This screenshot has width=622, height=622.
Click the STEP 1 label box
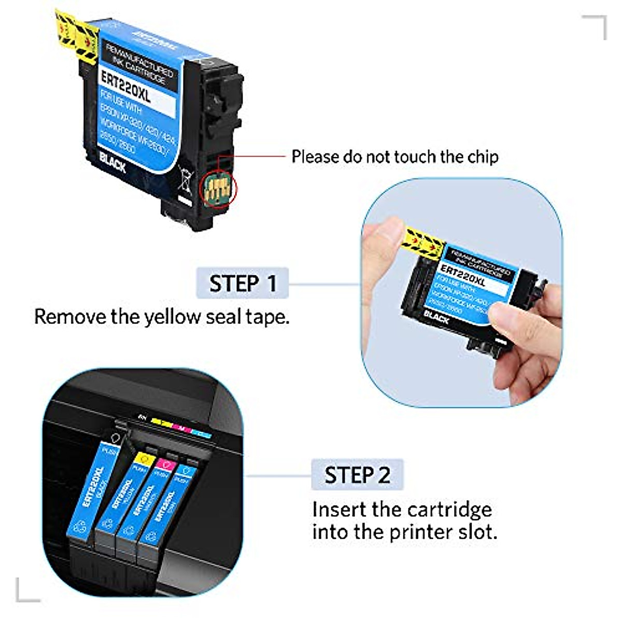pos(242,283)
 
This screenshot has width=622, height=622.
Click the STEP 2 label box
pos(357,475)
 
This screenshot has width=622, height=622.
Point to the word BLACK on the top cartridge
pos(112,163)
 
